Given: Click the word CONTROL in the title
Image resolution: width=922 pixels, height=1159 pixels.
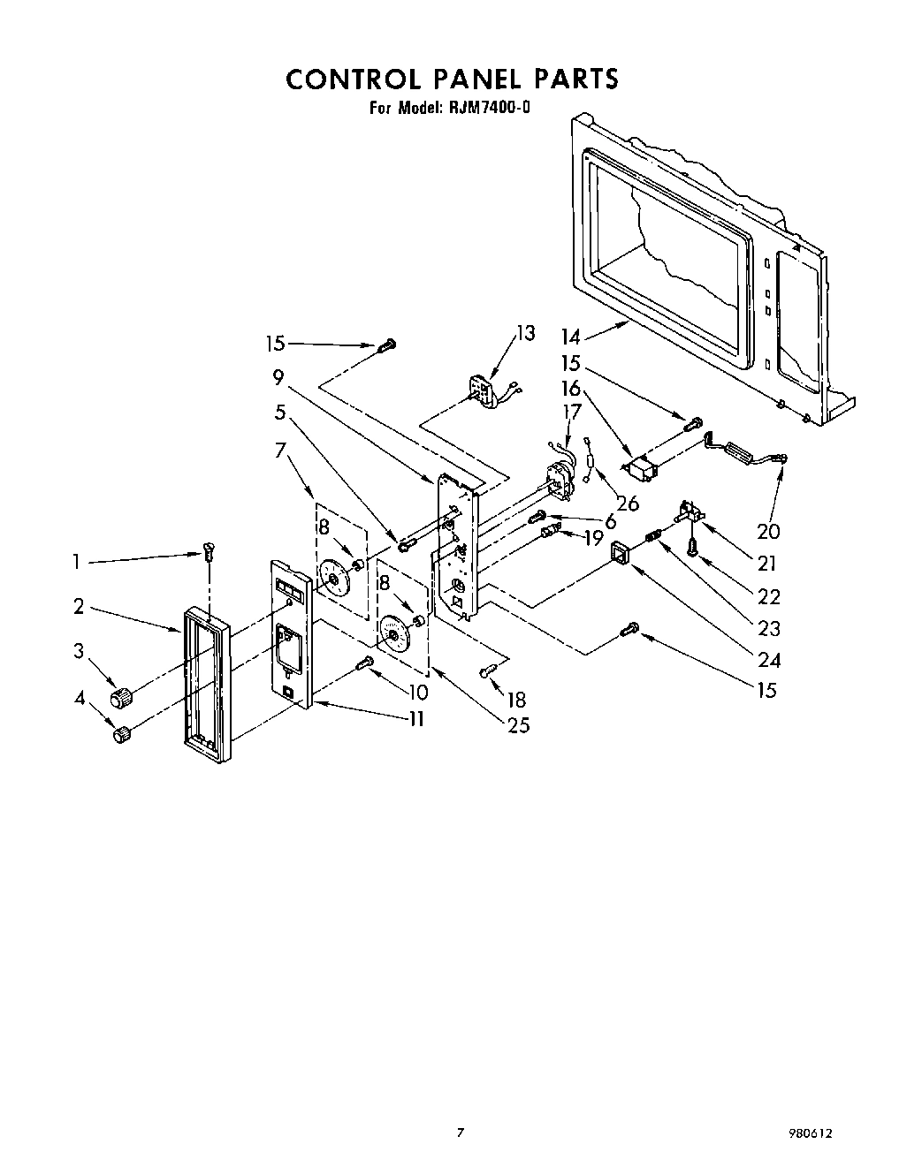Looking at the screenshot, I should click(x=353, y=79).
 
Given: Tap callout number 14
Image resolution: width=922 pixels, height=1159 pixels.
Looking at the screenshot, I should click(x=570, y=337).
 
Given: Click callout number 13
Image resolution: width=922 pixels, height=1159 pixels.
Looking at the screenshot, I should click(x=525, y=333).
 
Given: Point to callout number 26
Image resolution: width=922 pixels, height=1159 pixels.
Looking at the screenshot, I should click(x=627, y=504).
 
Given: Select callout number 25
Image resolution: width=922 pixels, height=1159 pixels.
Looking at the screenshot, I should click(x=518, y=725).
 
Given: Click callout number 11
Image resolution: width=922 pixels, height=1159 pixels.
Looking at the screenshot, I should click(x=415, y=718).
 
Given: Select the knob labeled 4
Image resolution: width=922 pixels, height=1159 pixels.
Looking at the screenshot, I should click(x=122, y=735).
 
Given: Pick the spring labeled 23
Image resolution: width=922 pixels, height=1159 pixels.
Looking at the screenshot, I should click(x=655, y=534).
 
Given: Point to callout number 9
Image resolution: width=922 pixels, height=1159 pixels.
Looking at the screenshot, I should click(x=278, y=378).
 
